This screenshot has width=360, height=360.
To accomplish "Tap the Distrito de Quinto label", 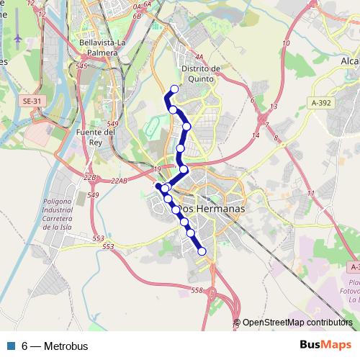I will [201, 73].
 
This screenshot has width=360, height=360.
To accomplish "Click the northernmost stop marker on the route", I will [174, 89].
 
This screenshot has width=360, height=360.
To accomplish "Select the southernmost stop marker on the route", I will [202, 251].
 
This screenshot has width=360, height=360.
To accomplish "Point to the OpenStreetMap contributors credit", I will [297, 323].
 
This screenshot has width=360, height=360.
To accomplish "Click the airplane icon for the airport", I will [17, 37].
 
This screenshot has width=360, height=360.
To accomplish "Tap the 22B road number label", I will [89, 176].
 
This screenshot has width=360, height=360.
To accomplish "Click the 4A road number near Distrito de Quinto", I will [199, 55].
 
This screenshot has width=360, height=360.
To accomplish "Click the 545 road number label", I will [81, 66].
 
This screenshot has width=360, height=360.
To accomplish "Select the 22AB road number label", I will [120, 181].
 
